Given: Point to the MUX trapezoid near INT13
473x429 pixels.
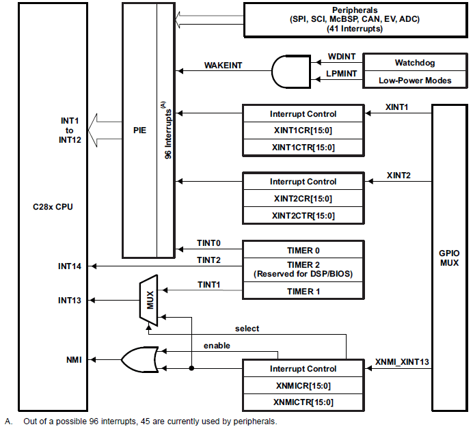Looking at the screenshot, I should tap(148, 300).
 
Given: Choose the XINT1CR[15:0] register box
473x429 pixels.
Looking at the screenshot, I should tap(303, 130).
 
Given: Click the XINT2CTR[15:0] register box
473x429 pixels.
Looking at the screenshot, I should tap(303, 215).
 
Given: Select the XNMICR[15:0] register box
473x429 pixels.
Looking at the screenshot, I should tap(303, 386).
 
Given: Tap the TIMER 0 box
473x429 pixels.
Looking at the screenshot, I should tap(303, 250).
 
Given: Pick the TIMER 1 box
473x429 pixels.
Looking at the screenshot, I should tap(303, 291).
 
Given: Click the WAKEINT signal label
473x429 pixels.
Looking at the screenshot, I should tap(223, 66).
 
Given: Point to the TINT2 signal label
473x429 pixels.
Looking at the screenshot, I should tap(208, 260).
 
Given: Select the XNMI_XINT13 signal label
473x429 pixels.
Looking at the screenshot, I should tap(402, 361).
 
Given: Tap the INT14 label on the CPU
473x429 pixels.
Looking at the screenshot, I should tap(71, 266).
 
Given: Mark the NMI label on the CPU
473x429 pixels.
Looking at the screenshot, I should tap(74, 359).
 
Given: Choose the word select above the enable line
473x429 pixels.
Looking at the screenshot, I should tap(247, 329).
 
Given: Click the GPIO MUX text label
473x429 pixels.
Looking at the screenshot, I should tap(449, 257).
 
